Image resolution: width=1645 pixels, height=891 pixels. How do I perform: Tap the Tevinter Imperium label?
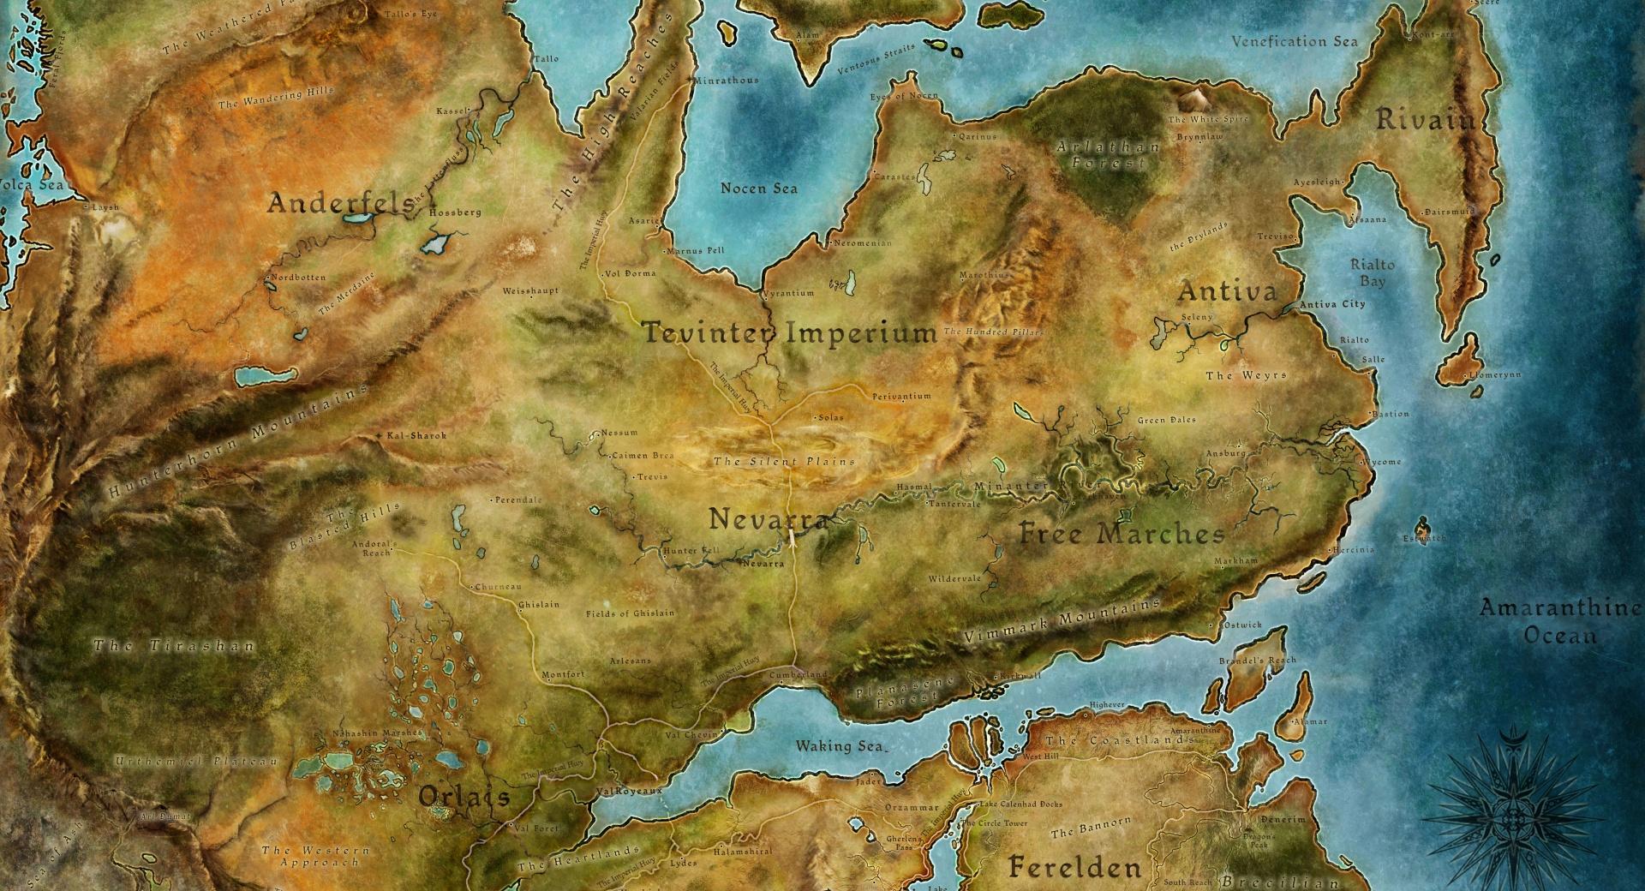(790, 332)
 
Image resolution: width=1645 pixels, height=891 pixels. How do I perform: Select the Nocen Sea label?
(758, 188)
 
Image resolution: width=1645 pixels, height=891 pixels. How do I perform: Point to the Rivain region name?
(1426, 120)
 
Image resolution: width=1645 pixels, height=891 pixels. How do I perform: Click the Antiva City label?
(1332, 304)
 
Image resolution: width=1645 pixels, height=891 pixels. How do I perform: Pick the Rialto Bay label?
(1373, 272)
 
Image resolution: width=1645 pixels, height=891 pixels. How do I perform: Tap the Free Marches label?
(1122, 535)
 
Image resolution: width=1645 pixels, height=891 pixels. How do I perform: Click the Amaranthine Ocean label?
(1559, 621)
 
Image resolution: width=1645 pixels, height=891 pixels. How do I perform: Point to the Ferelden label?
(1074, 866)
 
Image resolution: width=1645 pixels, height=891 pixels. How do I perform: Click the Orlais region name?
(464, 797)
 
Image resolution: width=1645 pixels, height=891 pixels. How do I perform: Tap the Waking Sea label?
(840, 745)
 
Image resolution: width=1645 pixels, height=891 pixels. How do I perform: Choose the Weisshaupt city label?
(530, 291)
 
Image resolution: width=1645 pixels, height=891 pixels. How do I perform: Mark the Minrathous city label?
(727, 81)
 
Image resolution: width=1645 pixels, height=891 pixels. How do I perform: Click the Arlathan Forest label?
(1108, 154)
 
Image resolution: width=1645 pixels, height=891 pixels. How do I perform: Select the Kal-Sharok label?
(416, 436)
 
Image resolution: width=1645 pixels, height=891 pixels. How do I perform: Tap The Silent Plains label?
(784, 461)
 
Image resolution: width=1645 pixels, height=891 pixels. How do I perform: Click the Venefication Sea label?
(1294, 41)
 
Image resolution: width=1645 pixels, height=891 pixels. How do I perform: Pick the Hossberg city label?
(455, 212)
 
